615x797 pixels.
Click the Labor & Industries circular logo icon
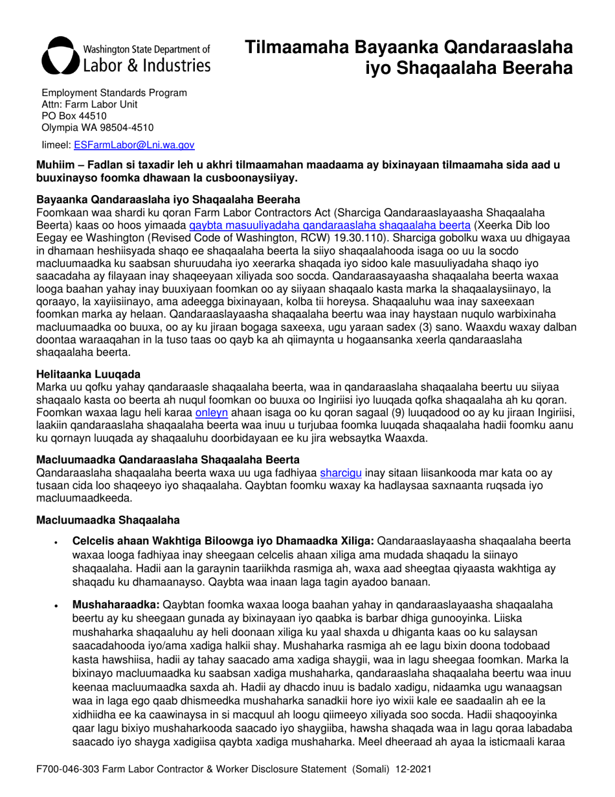[x=61, y=54]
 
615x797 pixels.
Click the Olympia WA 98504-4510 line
[x=98, y=127]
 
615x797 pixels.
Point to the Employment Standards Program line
[x=115, y=93]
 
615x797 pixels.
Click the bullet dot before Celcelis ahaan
[x=58, y=540]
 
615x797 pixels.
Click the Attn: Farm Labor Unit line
[x=89, y=104]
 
